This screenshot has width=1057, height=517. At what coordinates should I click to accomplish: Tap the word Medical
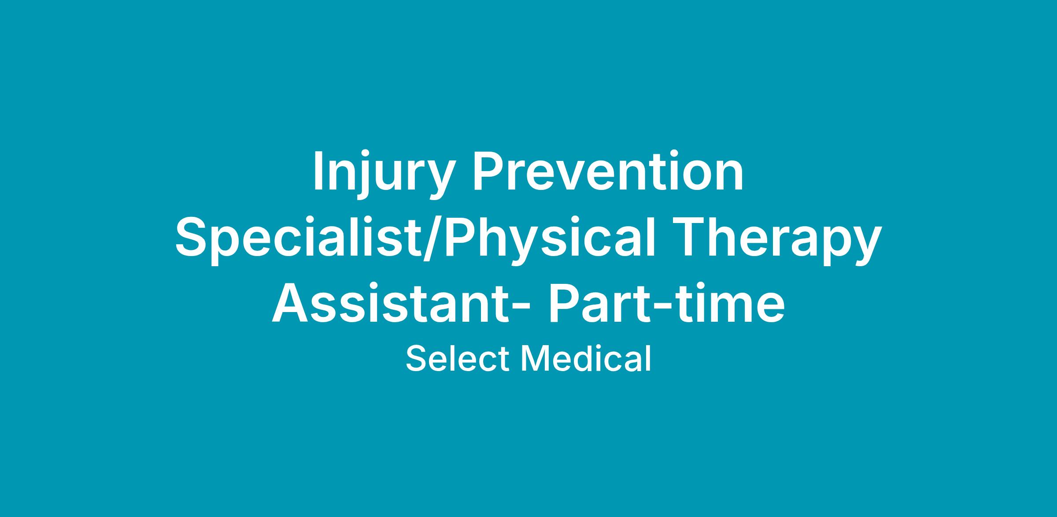[x=586, y=358]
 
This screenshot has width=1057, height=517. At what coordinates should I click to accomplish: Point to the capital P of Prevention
[x=489, y=171]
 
